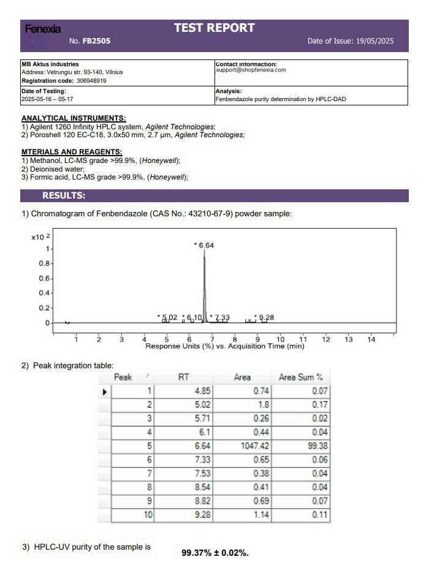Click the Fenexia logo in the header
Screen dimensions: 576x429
[43, 29]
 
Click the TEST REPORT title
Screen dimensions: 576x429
[214, 28]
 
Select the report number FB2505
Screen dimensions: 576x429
[97, 42]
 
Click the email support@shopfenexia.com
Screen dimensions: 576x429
[251, 70]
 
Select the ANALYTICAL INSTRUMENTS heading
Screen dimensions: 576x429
[74, 118]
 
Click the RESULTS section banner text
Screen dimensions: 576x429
[64, 195]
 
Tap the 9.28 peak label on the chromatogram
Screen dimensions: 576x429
[267, 317]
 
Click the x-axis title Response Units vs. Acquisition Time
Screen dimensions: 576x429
[224, 346]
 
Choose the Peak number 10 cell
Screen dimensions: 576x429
[147, 515]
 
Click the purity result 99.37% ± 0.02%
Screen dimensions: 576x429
[215, 553]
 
